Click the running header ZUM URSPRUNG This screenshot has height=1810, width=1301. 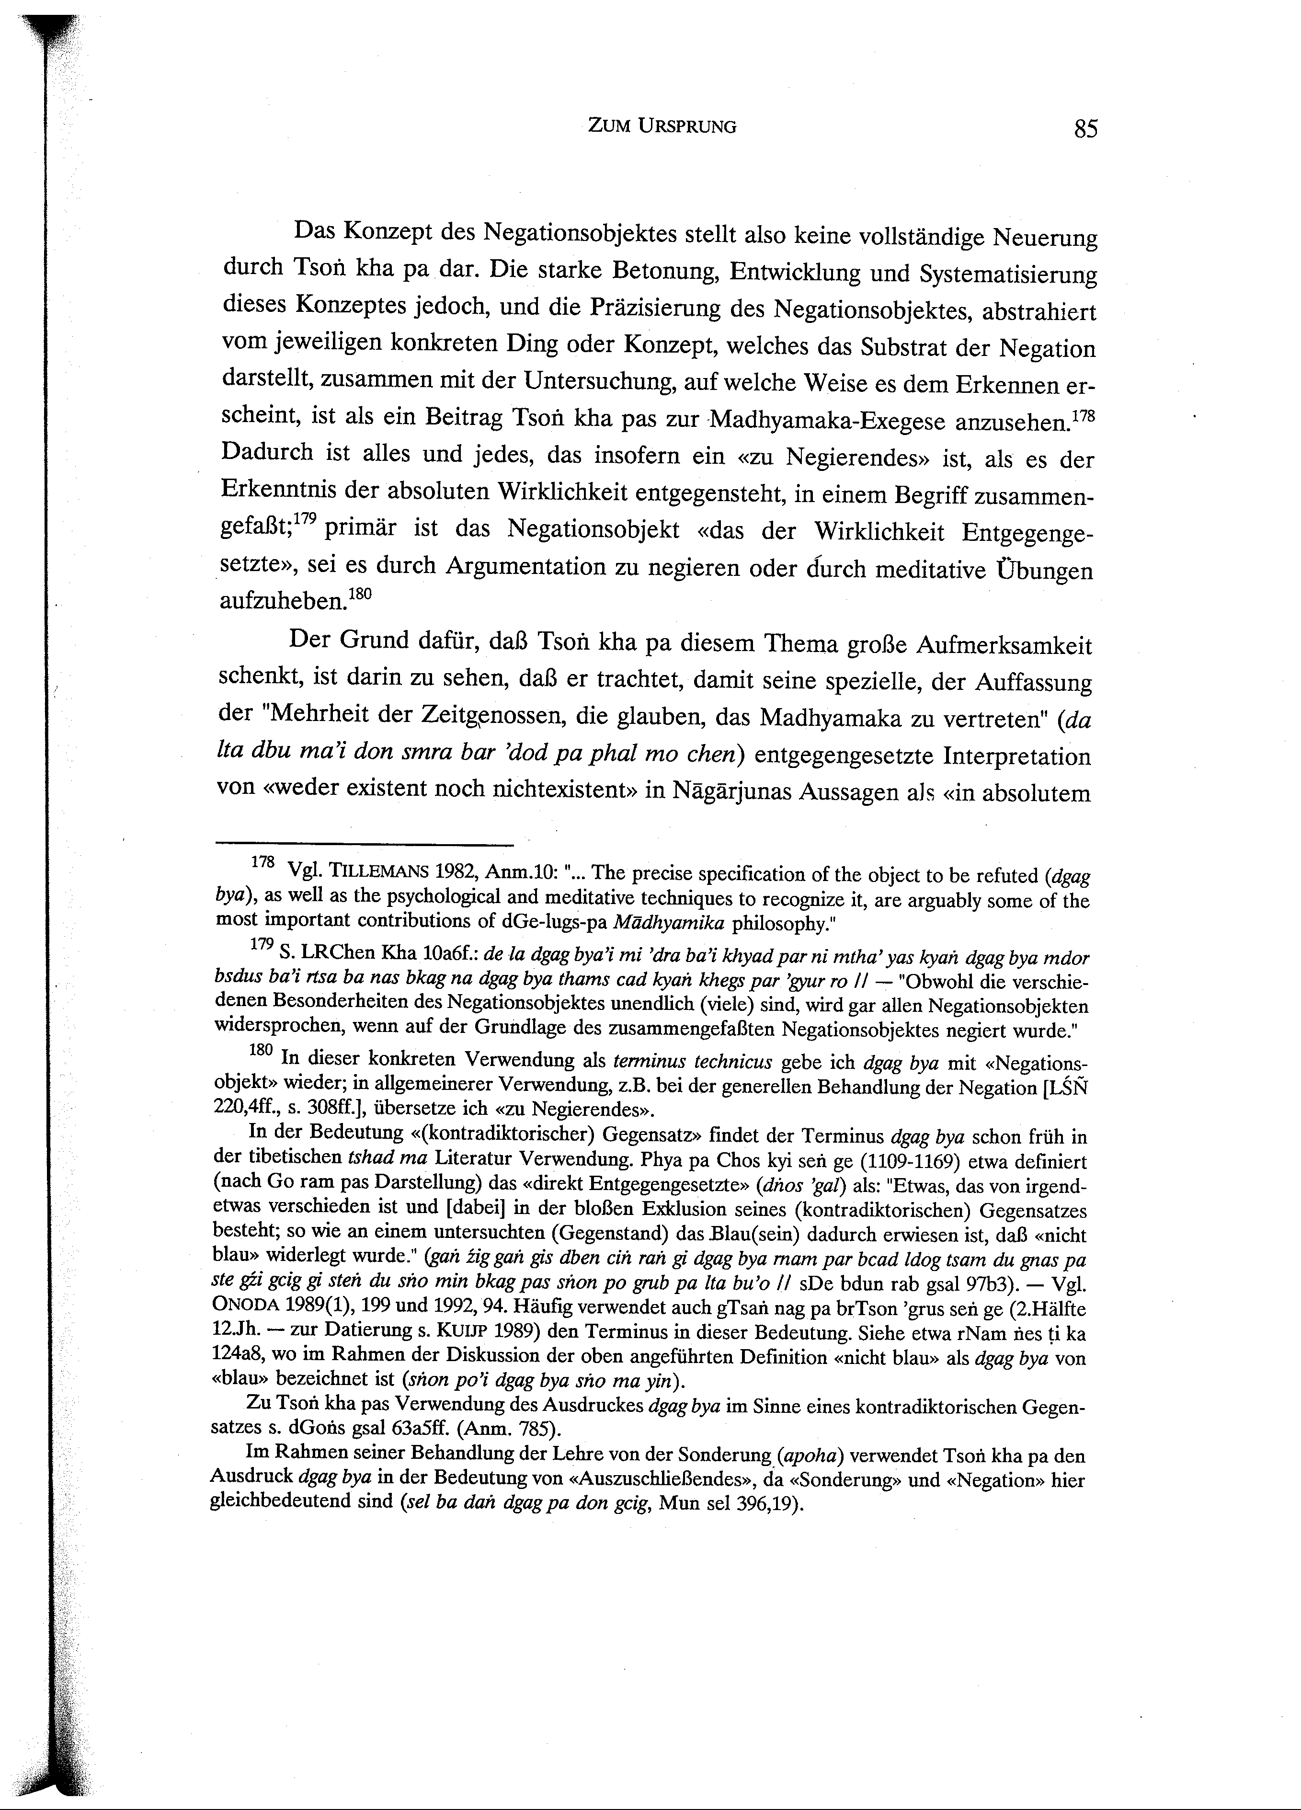click(661, 126)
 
